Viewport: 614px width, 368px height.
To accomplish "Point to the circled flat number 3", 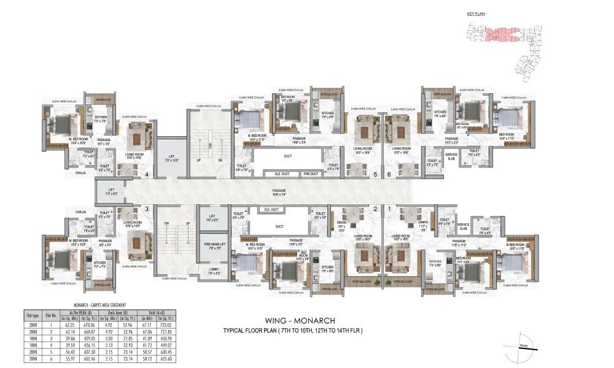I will [x=147, y=209].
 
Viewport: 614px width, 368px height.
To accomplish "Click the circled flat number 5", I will [x=375, y=175].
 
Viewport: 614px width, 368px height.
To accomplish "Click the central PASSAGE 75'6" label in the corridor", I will [x=279, y=193].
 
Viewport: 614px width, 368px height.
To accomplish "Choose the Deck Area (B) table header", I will [x=115, y=312].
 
